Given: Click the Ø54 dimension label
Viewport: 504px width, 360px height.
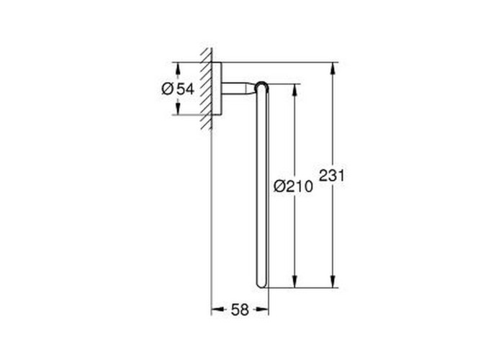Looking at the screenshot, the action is (x=178, y=89).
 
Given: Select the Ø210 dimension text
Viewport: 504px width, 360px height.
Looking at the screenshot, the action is (x=293, y=186).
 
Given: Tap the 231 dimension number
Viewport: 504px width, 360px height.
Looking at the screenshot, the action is (x=332, y=176).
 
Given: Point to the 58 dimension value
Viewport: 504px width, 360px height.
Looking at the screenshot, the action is (x=240, y=310).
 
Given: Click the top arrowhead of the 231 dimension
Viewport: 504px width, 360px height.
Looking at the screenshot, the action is (x=333, y=68).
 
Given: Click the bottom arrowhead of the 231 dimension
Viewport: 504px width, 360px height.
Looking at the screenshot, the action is (x=333, y=282).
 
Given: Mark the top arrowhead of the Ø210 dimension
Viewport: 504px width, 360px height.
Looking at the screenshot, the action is (x=294, y=91).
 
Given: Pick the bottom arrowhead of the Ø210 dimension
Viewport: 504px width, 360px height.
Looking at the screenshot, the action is (x=294, y=282).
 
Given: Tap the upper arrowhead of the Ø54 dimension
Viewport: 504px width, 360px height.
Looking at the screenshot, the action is (x=178, y=68).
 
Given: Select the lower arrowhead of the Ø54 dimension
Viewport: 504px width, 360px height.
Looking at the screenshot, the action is (x=178, y=108).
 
